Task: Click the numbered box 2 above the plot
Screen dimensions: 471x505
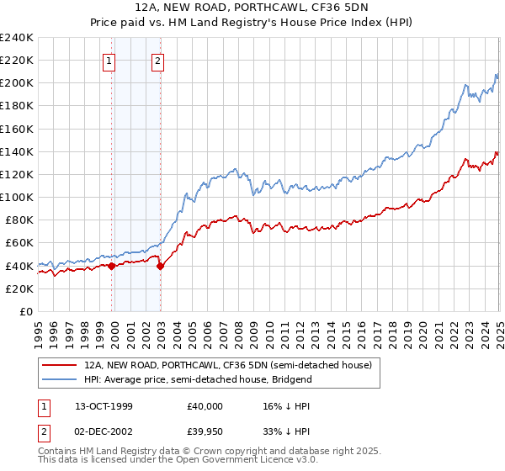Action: tap(158, 60)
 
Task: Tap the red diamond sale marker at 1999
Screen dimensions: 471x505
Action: tap(111, 266)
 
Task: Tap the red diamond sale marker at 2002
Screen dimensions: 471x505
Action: tap(160, 266)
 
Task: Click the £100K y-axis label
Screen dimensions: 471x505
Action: tap(17, 197)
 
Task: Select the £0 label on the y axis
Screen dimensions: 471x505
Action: tap(25, 311)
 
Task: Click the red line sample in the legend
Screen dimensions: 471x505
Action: tap(59, 365)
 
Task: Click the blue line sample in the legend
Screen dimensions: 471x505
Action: tap(59, 379)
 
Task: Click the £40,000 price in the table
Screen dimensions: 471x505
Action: tap(205, 406)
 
